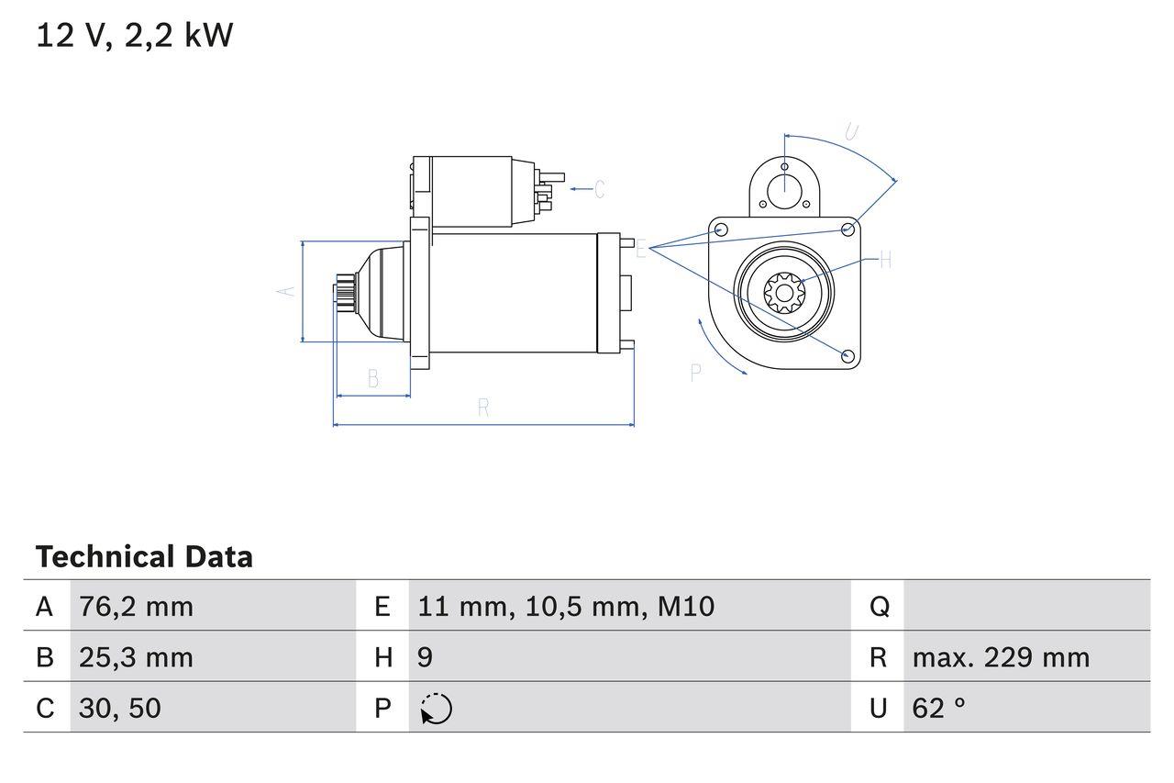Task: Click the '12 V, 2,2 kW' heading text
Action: click(135, 35)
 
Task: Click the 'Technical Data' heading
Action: click(144, 557)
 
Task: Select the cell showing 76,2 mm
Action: click(137, 606)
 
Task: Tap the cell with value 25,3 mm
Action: click(137, 657)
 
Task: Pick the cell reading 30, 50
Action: click(120, 708)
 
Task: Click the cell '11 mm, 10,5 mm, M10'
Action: click(566, 606)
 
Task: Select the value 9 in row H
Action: click(426, 657)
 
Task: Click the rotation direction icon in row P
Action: click(436, 709)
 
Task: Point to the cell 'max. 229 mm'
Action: click(1001, 657)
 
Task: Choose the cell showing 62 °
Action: click(939, 708)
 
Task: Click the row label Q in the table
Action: click(879, 606)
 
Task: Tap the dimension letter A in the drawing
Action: click(286, 291)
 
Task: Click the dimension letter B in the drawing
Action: click(373, 378)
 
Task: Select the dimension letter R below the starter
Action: click(483, 408)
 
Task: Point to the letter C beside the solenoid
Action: click(599, 189)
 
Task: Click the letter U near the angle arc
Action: click(851, 132)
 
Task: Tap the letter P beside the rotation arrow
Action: click(696, 372)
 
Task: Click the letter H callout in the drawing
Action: click(885, 261)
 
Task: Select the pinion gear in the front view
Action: click(784, 294)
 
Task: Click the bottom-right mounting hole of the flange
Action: click(847, 355)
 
